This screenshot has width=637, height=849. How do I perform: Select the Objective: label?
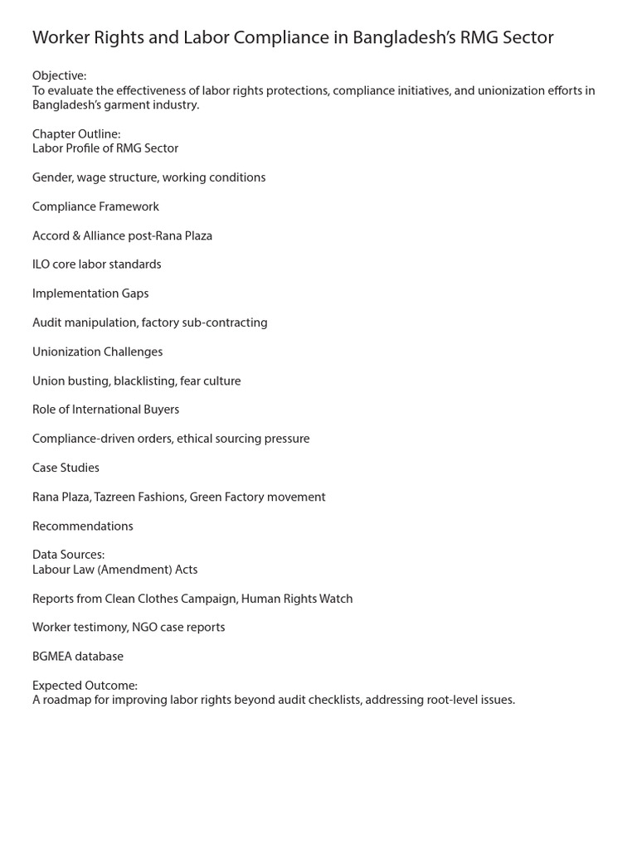coord(59,76)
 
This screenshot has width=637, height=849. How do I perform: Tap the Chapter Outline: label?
coord(76,133)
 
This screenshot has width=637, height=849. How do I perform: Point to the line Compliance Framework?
coord(95,206)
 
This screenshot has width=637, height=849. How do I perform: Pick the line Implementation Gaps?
coord(90,294)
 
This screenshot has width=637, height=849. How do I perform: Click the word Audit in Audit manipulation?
coord(47,323)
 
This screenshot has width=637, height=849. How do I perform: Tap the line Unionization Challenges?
coord(97,352)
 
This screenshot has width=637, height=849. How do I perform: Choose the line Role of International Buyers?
coord(105,410)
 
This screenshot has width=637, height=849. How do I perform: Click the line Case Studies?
coord(66,468)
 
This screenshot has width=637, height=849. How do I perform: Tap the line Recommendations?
coord(82,526)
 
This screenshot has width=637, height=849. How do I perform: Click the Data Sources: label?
coord(68,555)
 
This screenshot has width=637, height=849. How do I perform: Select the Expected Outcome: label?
coord(85,686)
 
